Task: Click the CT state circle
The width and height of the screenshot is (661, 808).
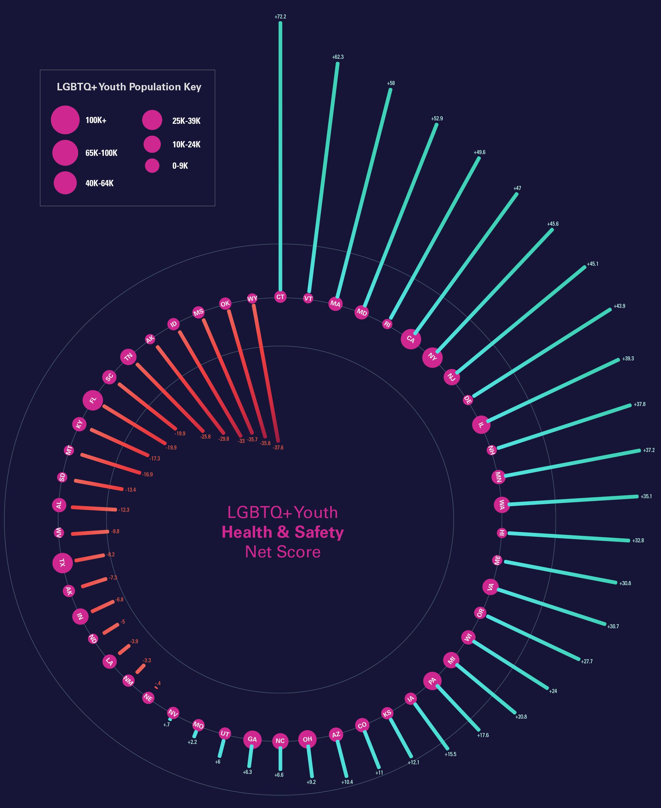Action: point(280,297)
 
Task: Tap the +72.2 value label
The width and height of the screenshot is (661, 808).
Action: point(280,17)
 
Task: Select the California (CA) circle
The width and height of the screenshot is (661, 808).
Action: point(411,339)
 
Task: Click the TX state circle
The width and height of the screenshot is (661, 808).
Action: point(63,563)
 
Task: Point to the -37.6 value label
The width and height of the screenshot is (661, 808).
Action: point(278,448)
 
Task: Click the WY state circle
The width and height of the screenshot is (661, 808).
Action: point(252,299)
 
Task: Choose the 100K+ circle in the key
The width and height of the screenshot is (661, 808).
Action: point(65,120)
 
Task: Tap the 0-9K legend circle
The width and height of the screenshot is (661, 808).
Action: point(152,166)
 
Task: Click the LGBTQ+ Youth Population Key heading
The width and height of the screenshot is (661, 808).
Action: point(129,87)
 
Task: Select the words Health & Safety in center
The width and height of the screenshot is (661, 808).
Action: point(283,532)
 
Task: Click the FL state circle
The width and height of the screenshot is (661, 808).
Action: point(93,400)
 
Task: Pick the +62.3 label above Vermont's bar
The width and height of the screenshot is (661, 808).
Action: point(338,57)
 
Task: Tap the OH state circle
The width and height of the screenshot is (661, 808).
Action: point(307,739)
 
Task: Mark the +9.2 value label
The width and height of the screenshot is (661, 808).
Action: point(311,782)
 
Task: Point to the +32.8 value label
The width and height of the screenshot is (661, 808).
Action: point(638,540)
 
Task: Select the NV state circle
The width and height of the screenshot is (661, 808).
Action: point(173,713)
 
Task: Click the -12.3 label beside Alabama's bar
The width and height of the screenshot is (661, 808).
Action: point(124,509)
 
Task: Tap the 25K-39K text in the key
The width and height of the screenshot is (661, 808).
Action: point(186,121)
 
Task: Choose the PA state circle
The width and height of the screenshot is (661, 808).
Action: point(432,681)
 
